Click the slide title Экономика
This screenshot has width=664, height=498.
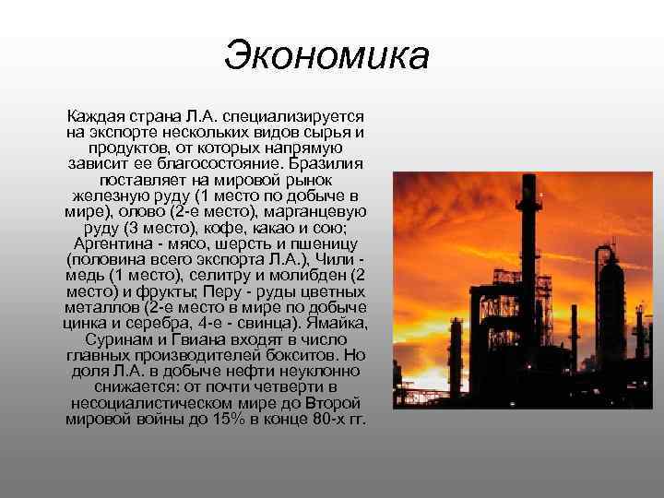[x=327, y=54]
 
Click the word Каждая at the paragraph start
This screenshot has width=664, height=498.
[x=93, y=117]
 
